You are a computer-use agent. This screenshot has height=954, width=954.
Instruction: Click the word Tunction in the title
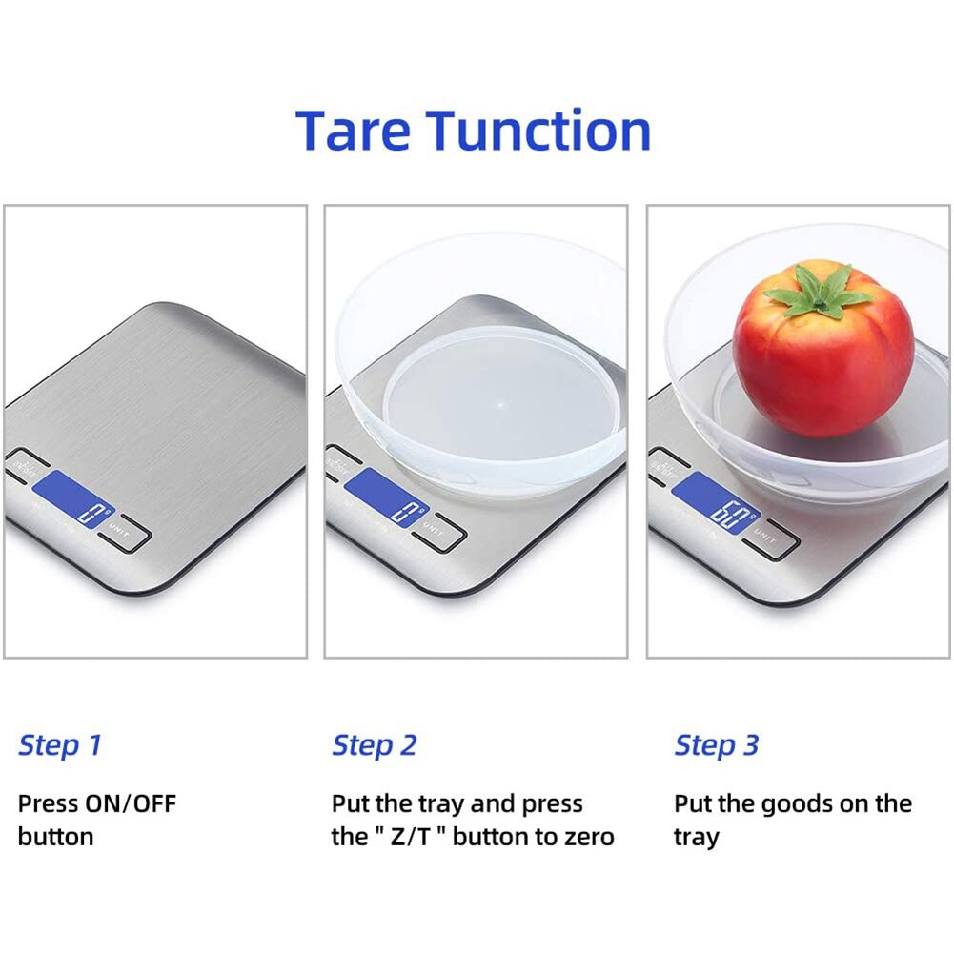click(538, 131)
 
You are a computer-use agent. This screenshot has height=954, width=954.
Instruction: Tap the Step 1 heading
click(59, 745)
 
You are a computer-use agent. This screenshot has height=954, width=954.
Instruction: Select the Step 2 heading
click(375, 745)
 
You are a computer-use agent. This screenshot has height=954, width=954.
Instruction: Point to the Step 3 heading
click(717, 745)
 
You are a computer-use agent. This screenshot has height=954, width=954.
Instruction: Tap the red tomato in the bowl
click(822, 357)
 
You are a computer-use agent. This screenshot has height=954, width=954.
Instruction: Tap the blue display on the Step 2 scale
click(386, 498)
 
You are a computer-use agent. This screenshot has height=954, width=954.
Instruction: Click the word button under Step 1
click(55, 838)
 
